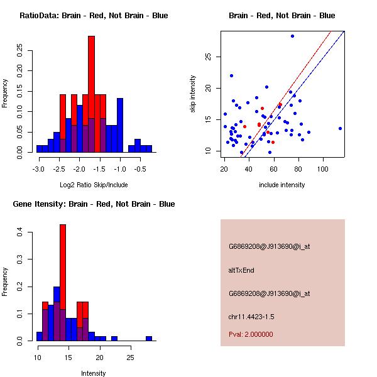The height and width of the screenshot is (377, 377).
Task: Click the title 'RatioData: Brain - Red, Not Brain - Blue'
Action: point(94,16)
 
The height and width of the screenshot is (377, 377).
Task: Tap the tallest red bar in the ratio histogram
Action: point(91,75)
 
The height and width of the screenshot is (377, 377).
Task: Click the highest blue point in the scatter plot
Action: point(292,36)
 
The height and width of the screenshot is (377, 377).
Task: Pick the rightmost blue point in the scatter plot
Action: point(340,128)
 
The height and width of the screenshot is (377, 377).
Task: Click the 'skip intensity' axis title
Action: point(193,94)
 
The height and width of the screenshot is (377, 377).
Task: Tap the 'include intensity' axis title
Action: point(282,185)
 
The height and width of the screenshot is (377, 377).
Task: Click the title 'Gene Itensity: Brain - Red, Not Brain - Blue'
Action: point(94,204)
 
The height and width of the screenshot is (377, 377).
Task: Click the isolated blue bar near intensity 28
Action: point(149,338)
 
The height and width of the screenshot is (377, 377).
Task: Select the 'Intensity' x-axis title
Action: point(94,373)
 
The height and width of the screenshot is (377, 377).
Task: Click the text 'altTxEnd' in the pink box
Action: point(241,270)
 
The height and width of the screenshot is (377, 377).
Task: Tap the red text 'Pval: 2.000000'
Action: point(251,334)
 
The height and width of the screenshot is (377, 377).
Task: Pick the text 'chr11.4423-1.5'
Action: point(251,316)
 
